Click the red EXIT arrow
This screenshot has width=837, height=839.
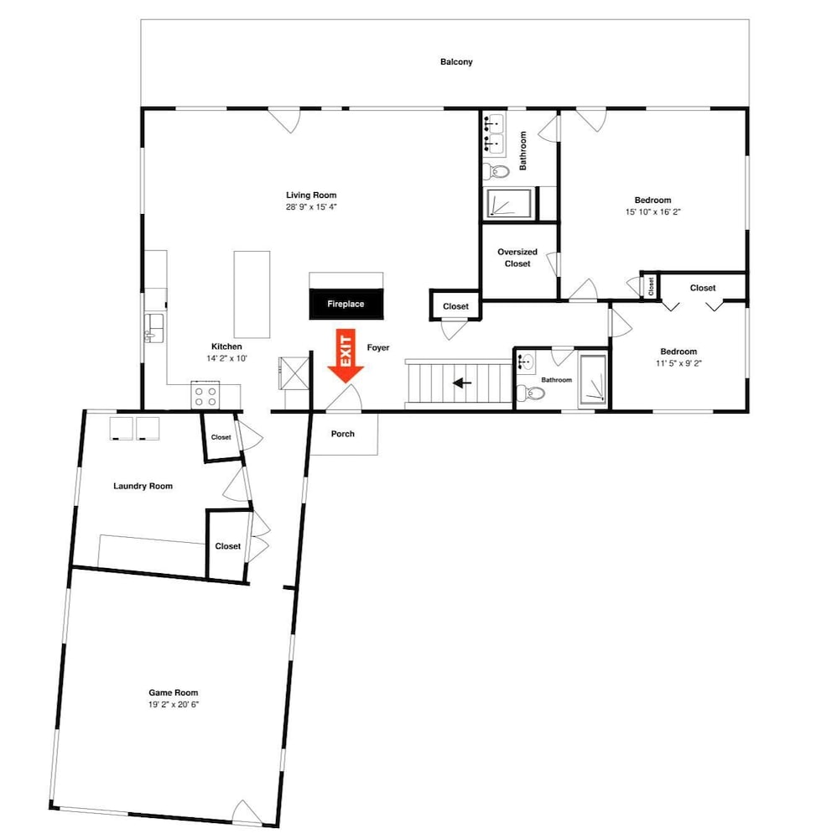click(x=346, y=355)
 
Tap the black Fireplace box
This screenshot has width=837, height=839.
click(x=346, y=304)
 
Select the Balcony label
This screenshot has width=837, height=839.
click(x=456, y=62)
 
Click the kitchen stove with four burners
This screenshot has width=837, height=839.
click(x=205, y=395)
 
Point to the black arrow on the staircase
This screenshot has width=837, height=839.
click(x=462, y=383)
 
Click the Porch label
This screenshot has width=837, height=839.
click(x=343, y=434)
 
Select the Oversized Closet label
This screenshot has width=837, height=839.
click(x=517, y=258)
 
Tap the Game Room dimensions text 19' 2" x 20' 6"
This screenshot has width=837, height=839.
click(x=174, y=705)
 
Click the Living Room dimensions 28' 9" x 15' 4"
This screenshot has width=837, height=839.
click(x=311, y=207)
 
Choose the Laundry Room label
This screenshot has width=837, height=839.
click(x=143, y=487)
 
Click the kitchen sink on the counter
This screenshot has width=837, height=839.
click(x=154, y=328)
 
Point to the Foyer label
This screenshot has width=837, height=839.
click(x=378, y=348)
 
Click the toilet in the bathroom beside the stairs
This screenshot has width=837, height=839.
click(x=531, y=393)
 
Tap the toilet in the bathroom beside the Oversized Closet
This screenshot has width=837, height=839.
click(x=496, y=172)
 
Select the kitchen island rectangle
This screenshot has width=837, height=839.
click(x=252, y=294)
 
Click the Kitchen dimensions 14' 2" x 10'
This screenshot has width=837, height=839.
click(x=226, y=358)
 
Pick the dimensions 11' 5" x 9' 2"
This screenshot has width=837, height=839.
click(x=678, y=363)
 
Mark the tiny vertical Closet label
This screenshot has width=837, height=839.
click(x=651, y=286)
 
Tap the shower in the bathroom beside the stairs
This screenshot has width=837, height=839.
click(x=593, y=378)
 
